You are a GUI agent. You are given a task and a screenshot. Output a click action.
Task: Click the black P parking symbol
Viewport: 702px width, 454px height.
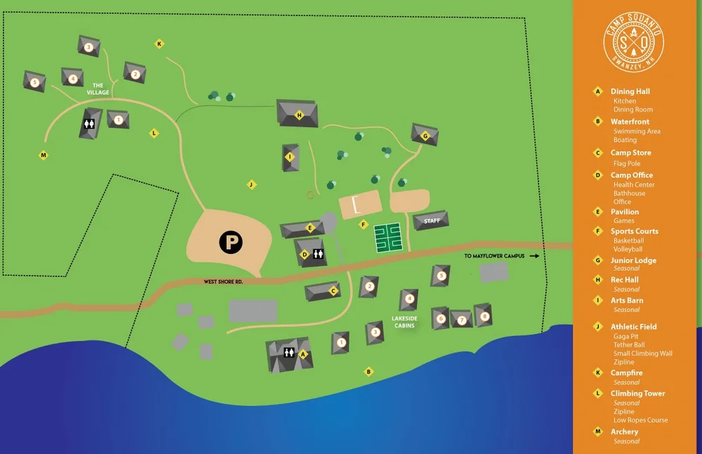tap(230, 243)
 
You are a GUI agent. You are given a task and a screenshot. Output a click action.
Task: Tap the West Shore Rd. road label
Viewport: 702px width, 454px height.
tap(223, 281)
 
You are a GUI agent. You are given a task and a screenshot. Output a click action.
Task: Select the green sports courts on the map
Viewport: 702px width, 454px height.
tap(387, 238)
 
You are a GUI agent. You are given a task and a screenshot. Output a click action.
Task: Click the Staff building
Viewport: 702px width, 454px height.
tap(431, 221)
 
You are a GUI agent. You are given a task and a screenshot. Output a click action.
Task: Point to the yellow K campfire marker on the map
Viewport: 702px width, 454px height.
tap(159, 44)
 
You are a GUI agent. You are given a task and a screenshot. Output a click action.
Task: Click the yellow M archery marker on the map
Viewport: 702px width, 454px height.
tap(44, 155)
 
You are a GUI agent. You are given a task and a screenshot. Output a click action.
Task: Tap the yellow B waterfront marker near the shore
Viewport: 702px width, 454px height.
tap(369, 371)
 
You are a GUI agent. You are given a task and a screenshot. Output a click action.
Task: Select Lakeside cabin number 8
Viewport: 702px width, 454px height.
tap(483, 315)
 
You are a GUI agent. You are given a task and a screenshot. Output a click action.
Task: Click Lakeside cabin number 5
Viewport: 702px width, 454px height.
tap(441, 276)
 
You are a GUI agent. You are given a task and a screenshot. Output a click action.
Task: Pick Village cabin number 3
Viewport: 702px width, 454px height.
tap(88, 47)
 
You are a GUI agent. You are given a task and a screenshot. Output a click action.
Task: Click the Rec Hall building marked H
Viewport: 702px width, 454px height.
tap(298, 114)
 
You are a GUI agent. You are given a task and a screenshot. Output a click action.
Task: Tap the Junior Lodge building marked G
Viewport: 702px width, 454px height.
tap(425, 135)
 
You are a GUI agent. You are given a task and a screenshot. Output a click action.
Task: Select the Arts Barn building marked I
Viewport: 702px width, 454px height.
tap(290, 157)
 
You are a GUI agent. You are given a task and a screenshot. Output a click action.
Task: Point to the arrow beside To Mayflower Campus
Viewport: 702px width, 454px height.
tap(534, 256)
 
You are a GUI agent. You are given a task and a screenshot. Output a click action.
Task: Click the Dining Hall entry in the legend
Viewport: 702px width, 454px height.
tap(630, 91)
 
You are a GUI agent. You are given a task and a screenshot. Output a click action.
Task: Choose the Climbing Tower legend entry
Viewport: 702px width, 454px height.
tap(637, 394)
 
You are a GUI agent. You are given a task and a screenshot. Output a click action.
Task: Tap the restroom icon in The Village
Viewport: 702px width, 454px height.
tap(89, 123)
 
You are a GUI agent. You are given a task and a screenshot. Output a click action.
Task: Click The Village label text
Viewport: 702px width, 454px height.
tap(98, 89)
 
